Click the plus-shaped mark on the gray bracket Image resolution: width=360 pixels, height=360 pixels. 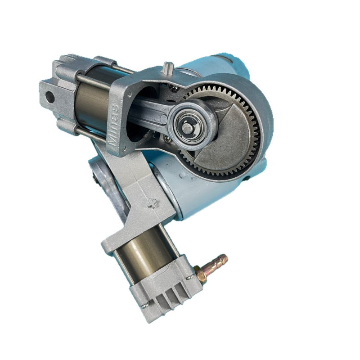[152, 203]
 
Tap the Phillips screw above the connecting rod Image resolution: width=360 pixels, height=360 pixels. [174, 87]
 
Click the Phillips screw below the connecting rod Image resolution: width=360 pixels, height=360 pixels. [166, 138]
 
